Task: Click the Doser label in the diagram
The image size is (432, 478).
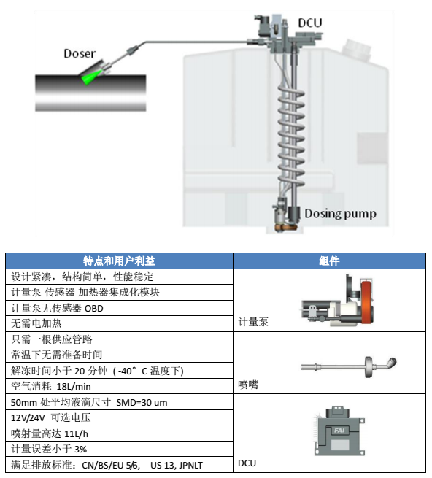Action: (80, 53)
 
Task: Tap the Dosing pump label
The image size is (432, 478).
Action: (340, 214)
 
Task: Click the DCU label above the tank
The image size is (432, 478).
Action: (309, 23)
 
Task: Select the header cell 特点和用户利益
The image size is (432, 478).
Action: (119, 261)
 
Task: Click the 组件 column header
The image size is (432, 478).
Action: (329, 261)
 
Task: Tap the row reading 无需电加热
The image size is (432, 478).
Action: (119, 323)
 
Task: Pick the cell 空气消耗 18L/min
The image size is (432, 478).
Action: (119, 386)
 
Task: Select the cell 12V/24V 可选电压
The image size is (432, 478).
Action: (119, 417)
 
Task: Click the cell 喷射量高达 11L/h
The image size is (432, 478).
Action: (119, 433)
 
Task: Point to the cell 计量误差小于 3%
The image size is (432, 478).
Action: (119, 449)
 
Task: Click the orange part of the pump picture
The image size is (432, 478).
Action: (366, 302)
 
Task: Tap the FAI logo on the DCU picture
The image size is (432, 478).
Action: (339, 430)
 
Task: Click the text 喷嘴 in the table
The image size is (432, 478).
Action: (248, 385)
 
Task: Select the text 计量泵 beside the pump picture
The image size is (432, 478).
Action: (253, 322)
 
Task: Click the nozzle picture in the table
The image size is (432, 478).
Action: (349, 366)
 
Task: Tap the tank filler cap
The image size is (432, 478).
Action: (356, 50)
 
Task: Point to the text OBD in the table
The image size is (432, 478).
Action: (94, 309)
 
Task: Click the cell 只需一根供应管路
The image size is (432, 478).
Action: (119, 339)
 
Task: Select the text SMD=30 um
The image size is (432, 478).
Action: (142, 402)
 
